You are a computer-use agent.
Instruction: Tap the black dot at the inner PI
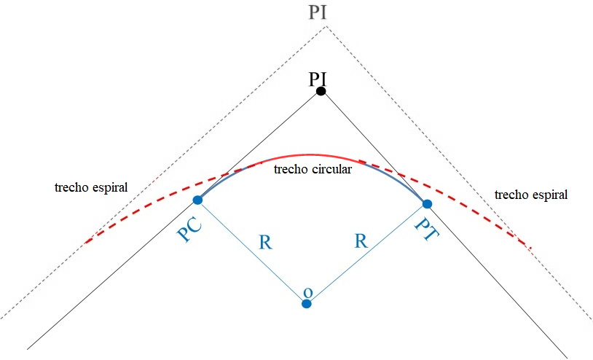coord(321,92)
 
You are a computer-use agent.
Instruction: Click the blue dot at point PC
coord(197,200)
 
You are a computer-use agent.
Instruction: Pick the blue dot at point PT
coord(428,203)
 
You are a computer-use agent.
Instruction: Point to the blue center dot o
coord(307,303)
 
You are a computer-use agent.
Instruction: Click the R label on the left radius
coord(266,243)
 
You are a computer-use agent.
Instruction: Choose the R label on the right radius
coord(360,240)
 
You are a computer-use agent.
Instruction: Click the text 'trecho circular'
coord(312,169)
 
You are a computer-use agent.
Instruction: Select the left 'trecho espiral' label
coord(91,187)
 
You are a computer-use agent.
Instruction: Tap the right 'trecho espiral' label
coord(530,195)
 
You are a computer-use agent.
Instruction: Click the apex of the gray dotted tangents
coord(325,26)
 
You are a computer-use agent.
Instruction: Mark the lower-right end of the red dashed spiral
coord(530,249)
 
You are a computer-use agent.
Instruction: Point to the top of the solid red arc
coord(313,154)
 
